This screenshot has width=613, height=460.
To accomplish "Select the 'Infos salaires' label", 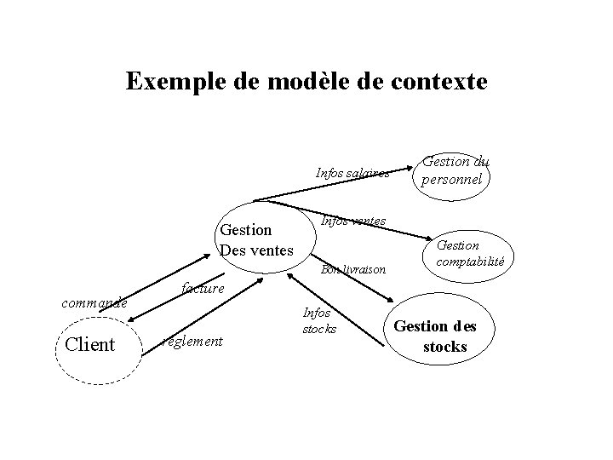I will [352, 173].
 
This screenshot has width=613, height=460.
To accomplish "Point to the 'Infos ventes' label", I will [352, 221].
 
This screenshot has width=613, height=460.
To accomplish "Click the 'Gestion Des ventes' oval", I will [256, 239].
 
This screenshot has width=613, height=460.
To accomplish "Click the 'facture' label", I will [203, 290].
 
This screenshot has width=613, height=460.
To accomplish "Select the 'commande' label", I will [93, 302].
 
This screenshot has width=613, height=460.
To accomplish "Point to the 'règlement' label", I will [193, 342].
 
